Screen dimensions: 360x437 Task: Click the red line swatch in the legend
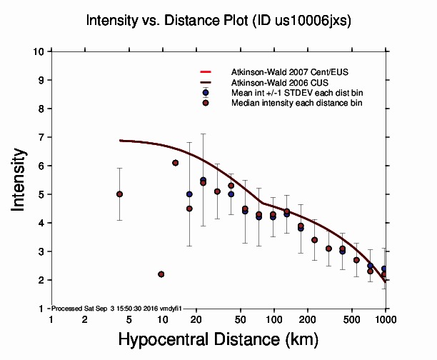click(x=205, y=72)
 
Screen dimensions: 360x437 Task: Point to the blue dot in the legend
click(x=205, y=93)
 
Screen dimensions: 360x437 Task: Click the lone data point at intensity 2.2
click(x=161, y=274)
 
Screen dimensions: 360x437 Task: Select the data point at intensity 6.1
click(x=175, y=163)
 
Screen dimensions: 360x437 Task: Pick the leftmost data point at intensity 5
click(x=119, y=194)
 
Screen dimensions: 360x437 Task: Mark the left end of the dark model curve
click(x=120, y=141)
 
